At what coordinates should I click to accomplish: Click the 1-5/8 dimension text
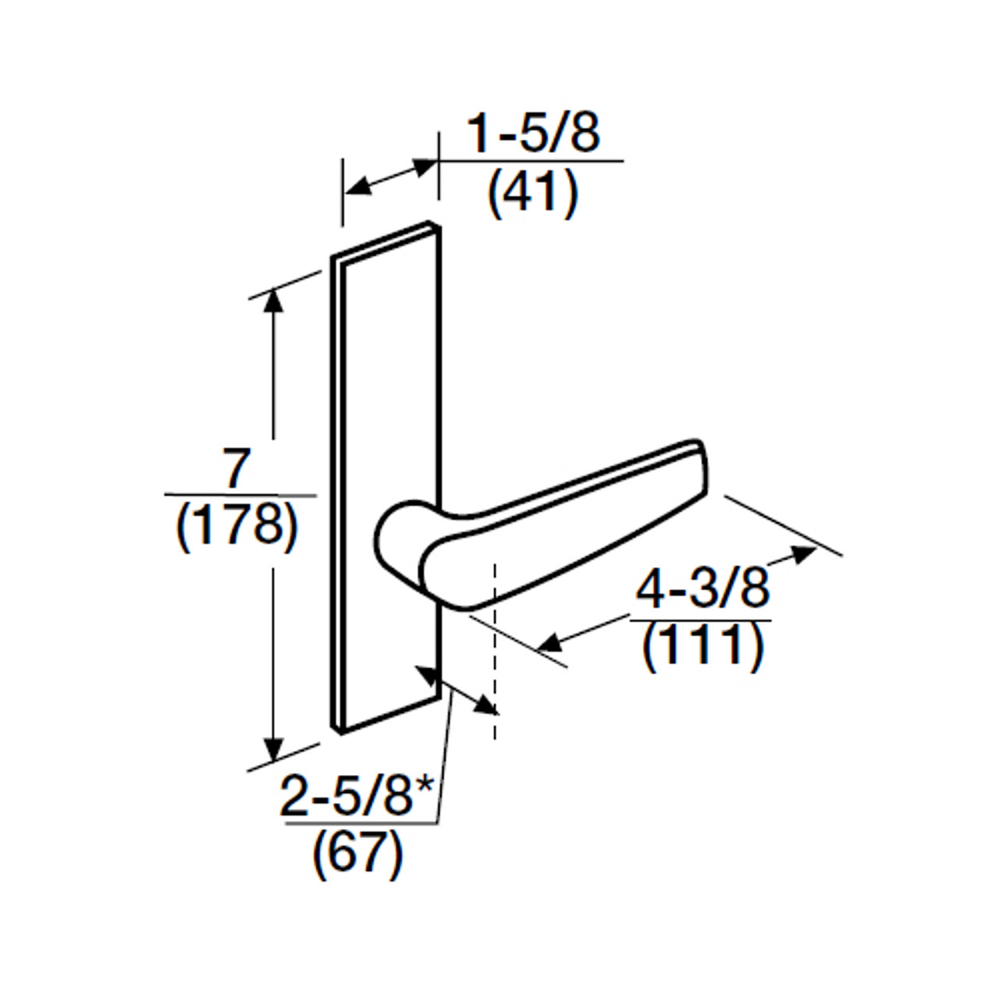(533, 133)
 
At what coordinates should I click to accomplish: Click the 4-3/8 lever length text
(702, 589)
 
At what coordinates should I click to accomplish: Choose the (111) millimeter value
(702, 646)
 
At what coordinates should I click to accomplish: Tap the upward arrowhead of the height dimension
(273, 301)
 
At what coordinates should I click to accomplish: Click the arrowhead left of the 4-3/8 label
(550, 643)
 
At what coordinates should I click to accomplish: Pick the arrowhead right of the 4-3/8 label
(804, 553)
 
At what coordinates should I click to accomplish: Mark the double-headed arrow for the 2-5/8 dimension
(457, 690)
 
